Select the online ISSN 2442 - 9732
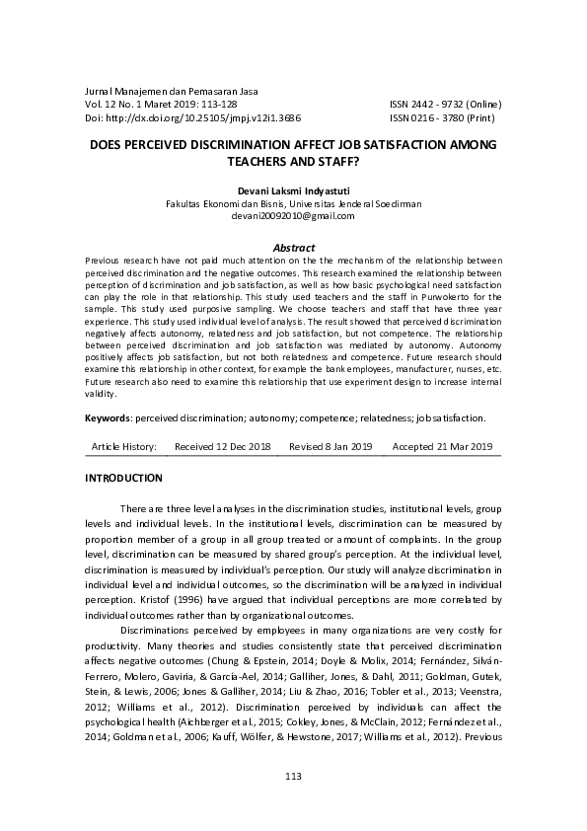[x=446, y=104]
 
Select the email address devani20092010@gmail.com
[x=294, y=213]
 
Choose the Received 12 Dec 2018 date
[x=222, y=447]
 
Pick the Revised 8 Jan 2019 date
[x=330, y=447]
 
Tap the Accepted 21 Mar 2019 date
[x=442, y=447]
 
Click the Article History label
[x=124, y=447]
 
